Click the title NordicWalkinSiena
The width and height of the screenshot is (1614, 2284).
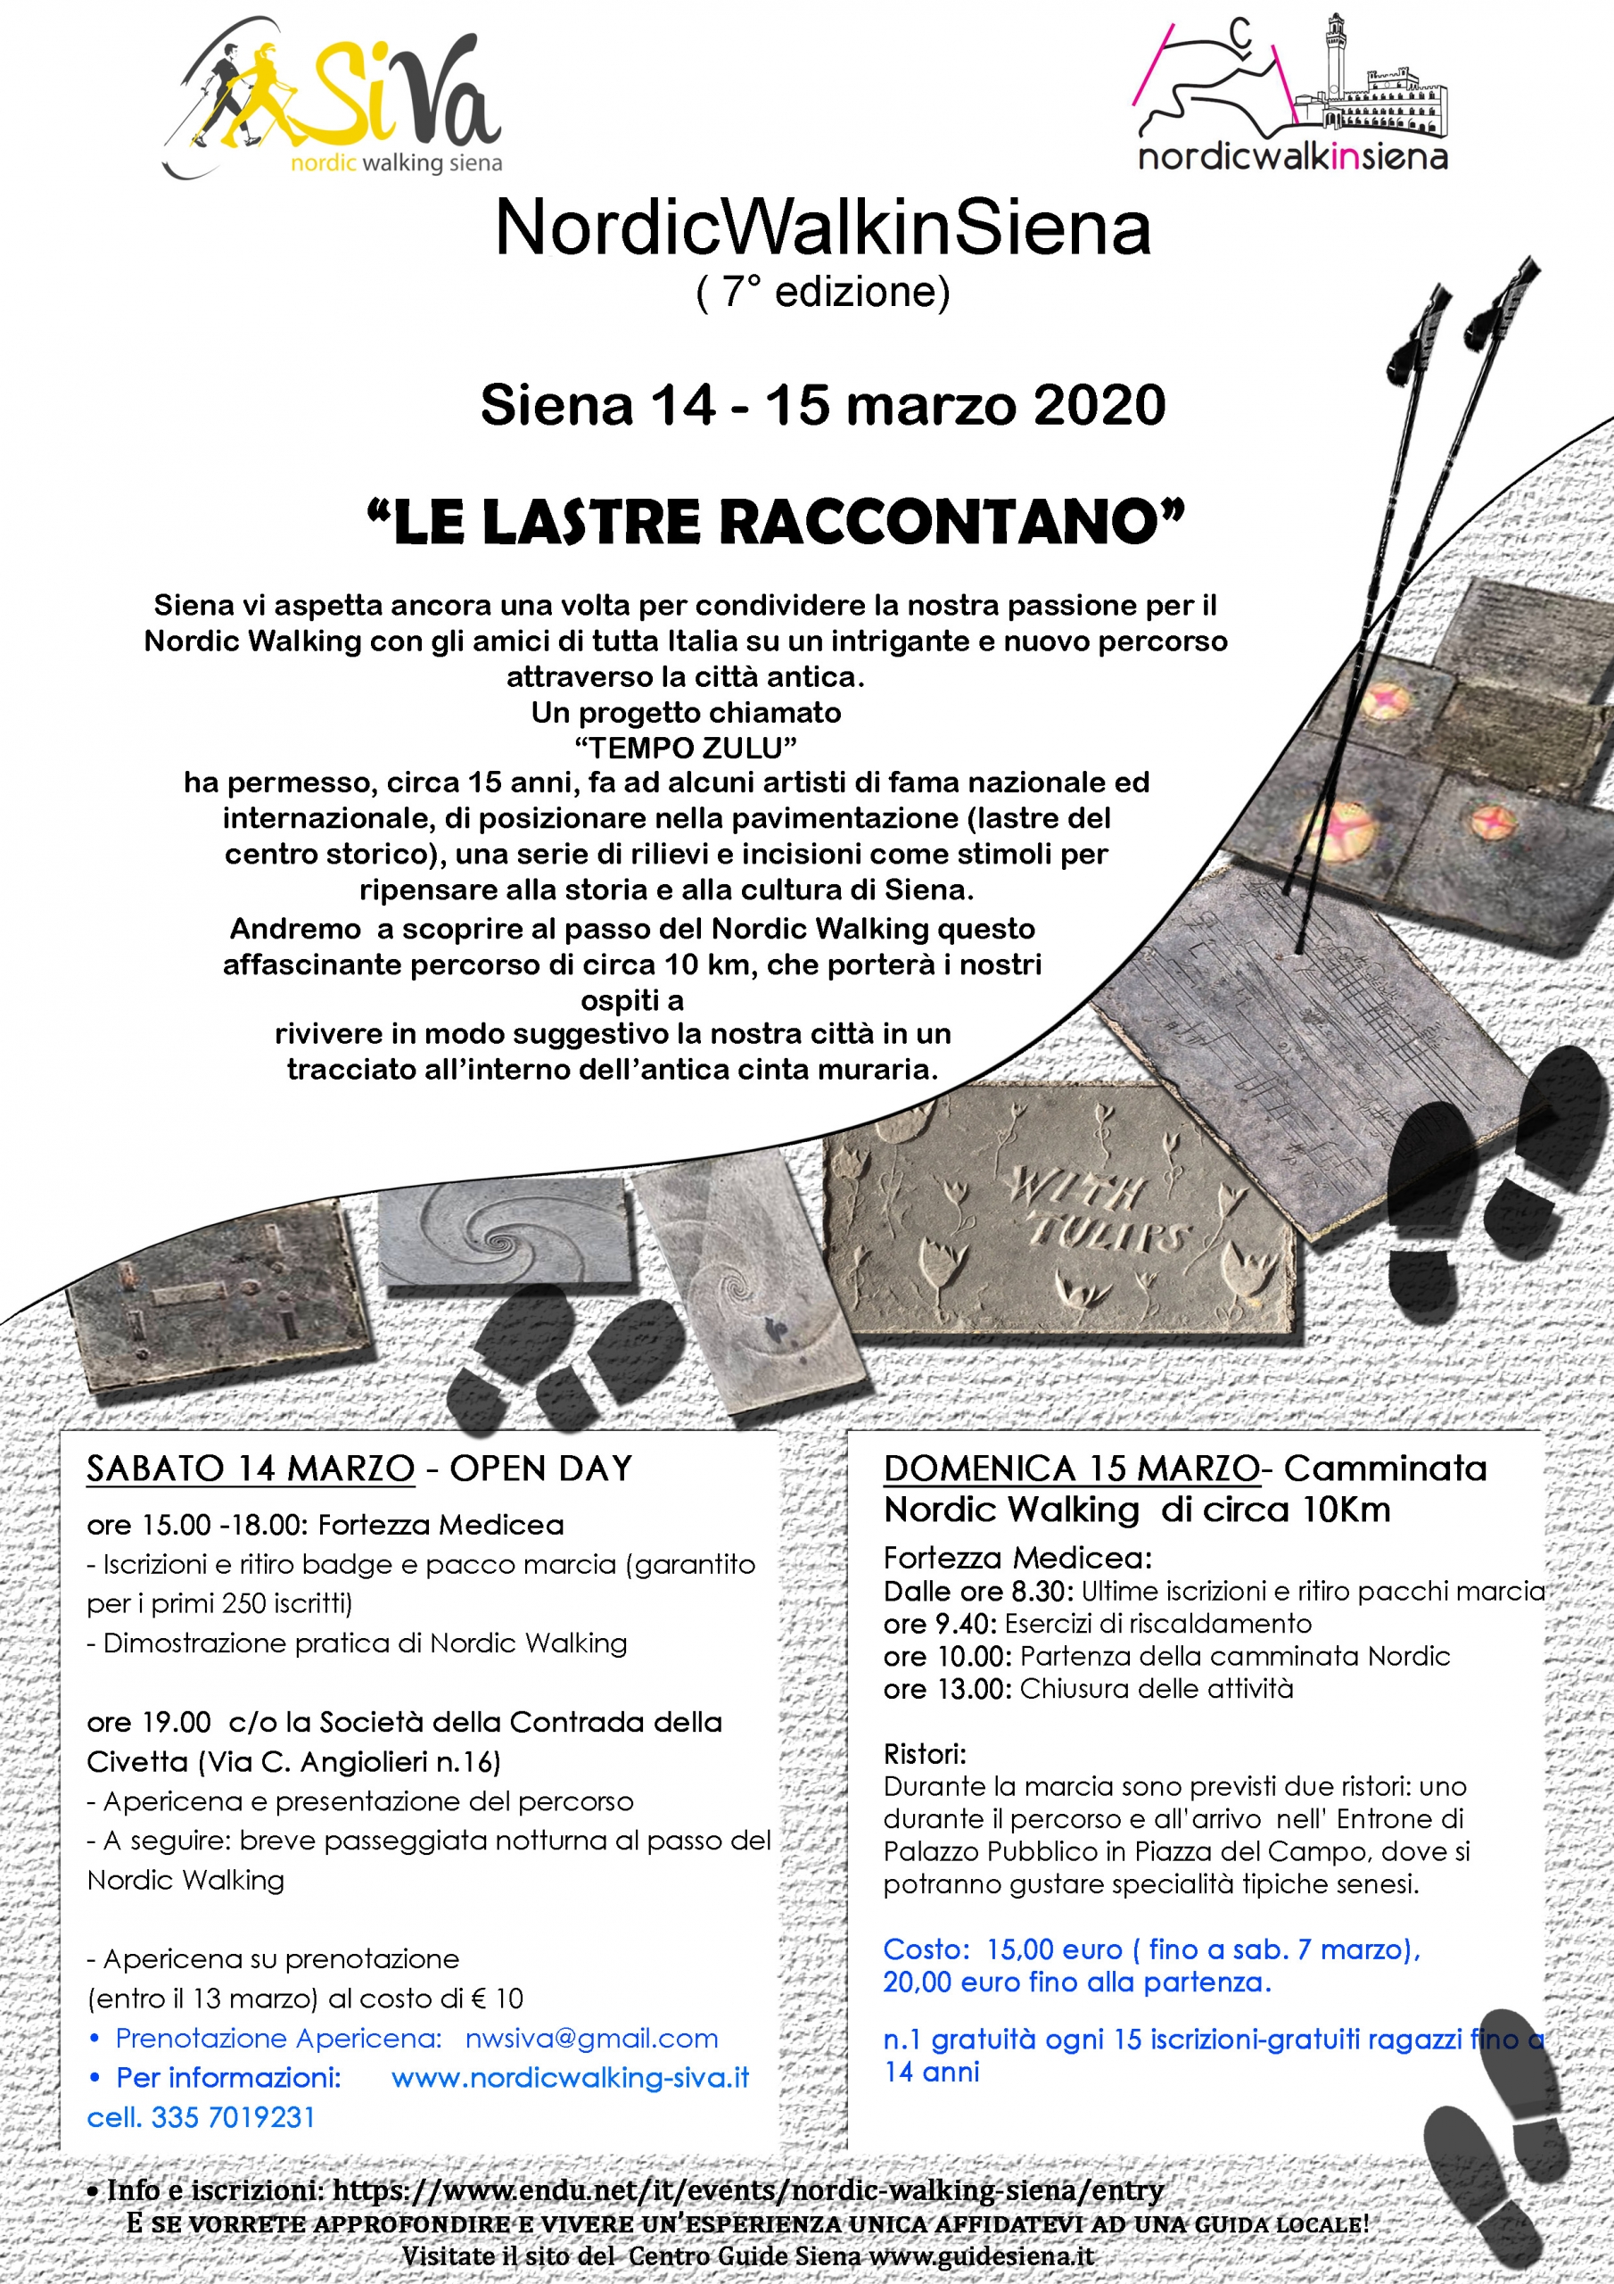pos(822,228)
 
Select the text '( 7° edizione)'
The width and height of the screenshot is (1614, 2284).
pos(822,293)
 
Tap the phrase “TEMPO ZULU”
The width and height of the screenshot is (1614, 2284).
pos(687,747)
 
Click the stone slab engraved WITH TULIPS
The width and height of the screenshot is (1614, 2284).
pos(1059,1213)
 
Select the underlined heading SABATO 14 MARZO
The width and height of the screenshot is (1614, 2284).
pos(251,1469)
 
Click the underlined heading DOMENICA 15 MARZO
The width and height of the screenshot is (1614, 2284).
pos(1071,1469)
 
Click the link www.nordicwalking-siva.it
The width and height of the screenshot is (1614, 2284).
pos(570,2077)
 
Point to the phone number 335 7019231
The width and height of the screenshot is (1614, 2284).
pos(233,2117)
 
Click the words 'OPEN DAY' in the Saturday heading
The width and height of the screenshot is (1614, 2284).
pos(541,1469)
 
